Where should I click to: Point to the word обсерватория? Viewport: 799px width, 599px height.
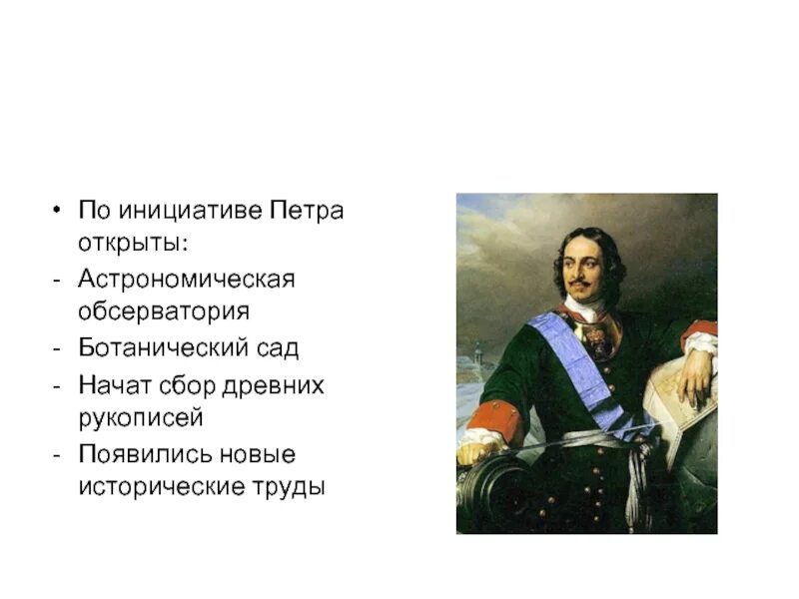165,310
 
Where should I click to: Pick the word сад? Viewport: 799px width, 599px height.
279,348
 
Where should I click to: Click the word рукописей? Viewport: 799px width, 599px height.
141,416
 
